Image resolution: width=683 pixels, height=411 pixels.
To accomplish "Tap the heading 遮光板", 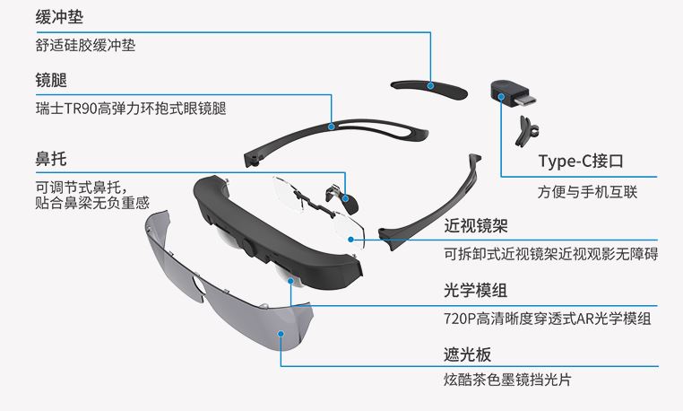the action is [467, 354].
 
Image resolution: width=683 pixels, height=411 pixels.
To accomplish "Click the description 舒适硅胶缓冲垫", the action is [85, 44].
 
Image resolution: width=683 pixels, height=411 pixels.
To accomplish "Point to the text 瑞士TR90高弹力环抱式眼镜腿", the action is [130, 109].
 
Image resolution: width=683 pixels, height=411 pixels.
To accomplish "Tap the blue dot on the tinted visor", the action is [281, 335].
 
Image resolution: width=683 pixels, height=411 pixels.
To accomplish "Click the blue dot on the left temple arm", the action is [333, 125].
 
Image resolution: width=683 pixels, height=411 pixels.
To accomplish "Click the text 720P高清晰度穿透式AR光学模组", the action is [547, 319].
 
